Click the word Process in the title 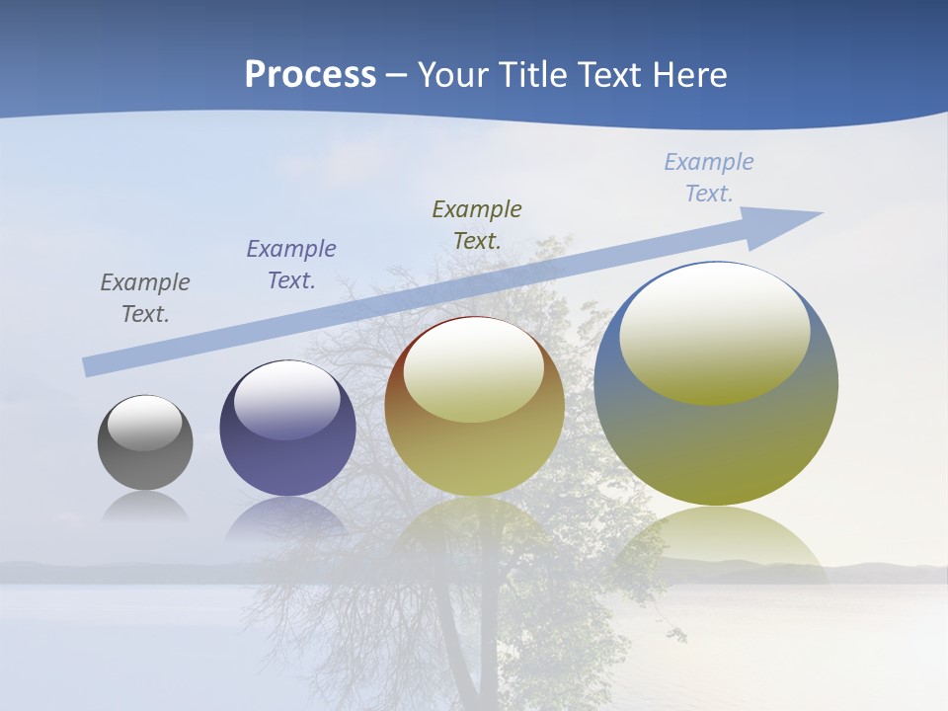pyautogui.click(x=310, y=75)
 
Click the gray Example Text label pyautogui.click(x=145, y=297)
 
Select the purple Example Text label pyautogui.click(x=291, y=264)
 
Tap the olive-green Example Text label pyautogui.click(x=477, y=224)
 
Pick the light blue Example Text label pyautogui.click(x=709, y=177)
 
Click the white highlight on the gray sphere pyautogui.click(x=145, y=423)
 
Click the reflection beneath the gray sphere pyautogui.click(x=145, y=508)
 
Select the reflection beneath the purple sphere pyautogui.click(x=286, y=518)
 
